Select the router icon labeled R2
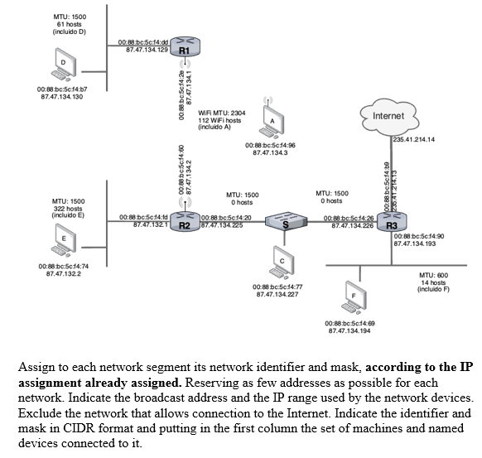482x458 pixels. pos(185,221)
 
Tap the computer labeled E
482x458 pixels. pos(64,241)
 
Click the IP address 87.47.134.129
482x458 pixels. pos(147,50)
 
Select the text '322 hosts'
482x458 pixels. pos(67,208)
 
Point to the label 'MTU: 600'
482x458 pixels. pos(433,274)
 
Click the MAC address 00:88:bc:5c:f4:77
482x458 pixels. pos(277,287)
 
